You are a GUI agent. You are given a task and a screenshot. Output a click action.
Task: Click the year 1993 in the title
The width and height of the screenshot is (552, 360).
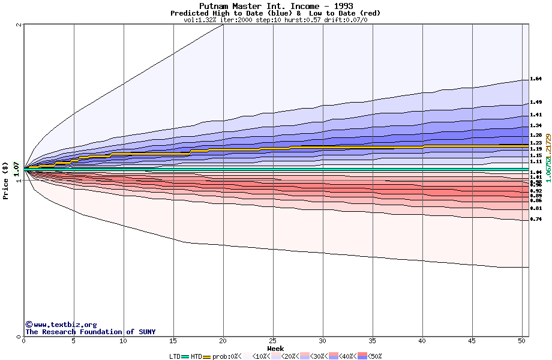click(341, 6)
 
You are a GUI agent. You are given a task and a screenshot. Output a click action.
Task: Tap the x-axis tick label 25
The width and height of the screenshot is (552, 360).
click(273, 341)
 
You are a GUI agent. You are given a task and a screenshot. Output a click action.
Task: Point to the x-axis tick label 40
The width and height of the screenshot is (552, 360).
click(422, 341)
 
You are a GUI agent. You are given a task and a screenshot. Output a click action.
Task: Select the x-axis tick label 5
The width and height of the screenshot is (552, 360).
click(74, 341)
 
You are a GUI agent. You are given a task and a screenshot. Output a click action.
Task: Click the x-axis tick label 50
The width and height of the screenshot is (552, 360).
click(522, 341)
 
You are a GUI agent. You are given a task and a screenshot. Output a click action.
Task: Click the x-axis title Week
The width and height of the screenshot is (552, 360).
click(275, 348)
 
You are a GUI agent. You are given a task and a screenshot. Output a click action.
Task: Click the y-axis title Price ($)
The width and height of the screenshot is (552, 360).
click(5, 181)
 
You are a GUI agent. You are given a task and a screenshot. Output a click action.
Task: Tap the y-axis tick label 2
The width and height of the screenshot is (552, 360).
click(19, 25)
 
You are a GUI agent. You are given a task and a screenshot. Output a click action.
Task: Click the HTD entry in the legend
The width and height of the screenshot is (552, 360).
click(196, 356)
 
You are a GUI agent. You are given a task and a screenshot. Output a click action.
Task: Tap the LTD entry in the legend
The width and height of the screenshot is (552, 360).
click(175, 356)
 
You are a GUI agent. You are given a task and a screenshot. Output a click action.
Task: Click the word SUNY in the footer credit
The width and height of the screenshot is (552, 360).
click(146, 332)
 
